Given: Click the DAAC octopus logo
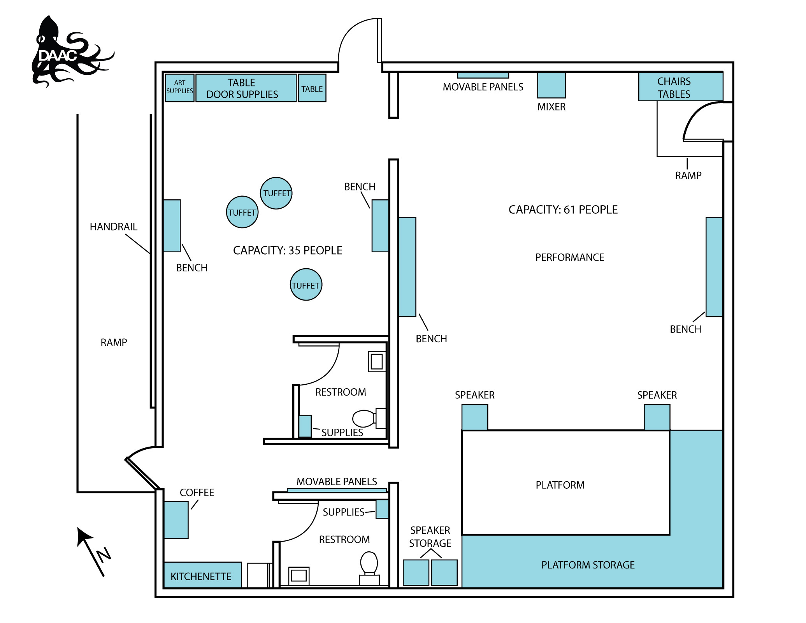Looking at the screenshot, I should (x=62, y=53).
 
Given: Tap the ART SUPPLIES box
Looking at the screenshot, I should (x=179, y=88).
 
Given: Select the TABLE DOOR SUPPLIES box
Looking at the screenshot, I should (x=246, y=88).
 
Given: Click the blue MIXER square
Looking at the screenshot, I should (x=551, y=84).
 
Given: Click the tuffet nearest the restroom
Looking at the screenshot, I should (x=306, y=285).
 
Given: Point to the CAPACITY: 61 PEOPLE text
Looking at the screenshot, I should (x=563, y=210).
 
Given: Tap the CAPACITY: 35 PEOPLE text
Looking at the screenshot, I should (x=287, y=250).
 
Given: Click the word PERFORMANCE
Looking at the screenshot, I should (x=569, y=257).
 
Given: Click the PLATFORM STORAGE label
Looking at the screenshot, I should (x=588, y=565).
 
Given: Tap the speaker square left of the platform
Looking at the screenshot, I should (x=474, y=417).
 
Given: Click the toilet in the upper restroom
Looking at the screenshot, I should (x=364, y=419).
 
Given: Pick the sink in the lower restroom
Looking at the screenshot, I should (x=299, y=575).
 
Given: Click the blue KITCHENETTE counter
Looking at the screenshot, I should (x=202, y=575).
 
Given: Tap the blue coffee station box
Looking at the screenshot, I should (x=176, y=520).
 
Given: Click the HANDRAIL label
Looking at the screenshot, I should (x=114, y=227).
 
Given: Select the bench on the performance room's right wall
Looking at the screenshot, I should (x=714, y=267).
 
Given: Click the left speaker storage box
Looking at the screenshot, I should (x=416, y=572).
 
